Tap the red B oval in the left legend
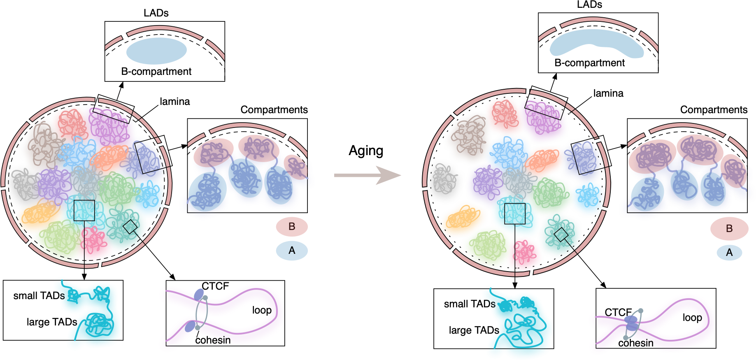coord(292,227)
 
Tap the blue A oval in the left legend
coord(292,250)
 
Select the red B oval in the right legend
coord(729,229)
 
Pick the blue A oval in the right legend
coord(729,252)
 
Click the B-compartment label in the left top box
coord(156,72)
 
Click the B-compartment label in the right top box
coord(589,63)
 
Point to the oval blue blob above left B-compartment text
coord(156,51)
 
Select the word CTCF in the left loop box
coord(215,286)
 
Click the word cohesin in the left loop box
coord(213,340)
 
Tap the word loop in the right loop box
coord(692,318)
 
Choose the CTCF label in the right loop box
coord(618,312)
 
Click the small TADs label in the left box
coord(39,296)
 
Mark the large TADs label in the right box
coord(474,330)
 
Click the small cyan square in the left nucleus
coord(84,211)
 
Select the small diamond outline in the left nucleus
coord(130,227)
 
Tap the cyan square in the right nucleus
coord(515,214)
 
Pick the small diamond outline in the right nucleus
coord(561,235)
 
